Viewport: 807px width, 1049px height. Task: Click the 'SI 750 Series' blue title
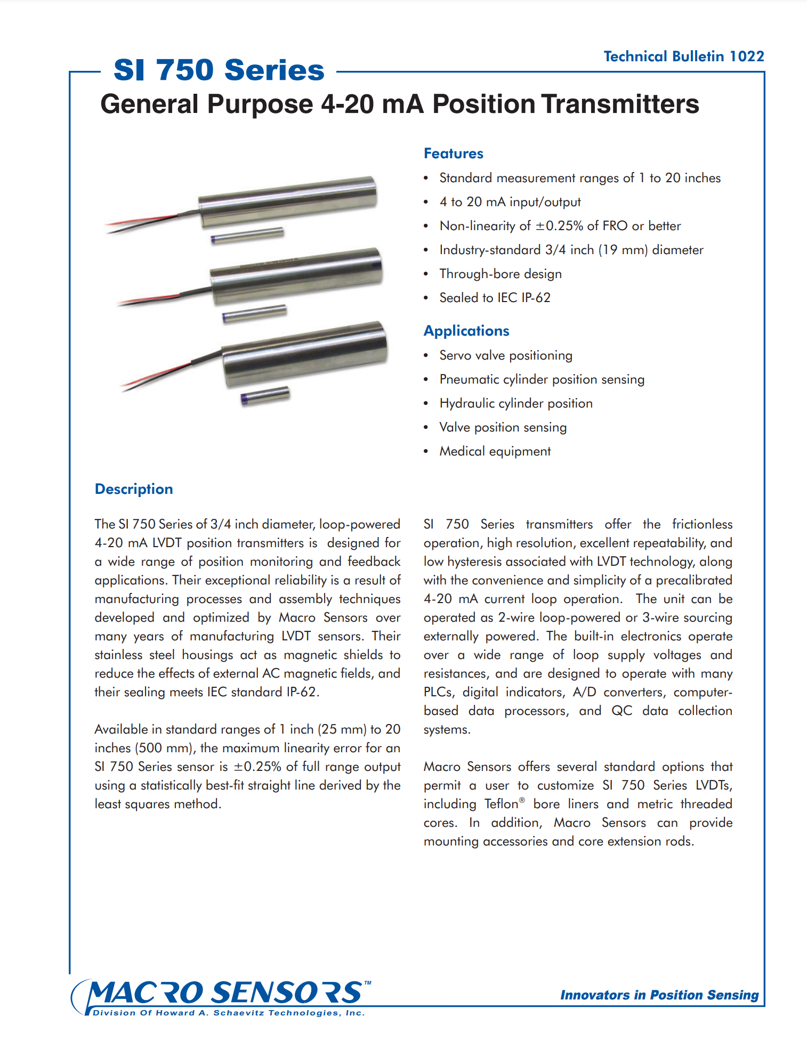[x=219, y=70]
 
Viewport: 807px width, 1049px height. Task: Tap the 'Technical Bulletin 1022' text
[x=683, y=56]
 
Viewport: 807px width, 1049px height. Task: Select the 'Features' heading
[x=453, y=153]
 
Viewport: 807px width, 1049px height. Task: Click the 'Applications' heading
[x=466, y=331]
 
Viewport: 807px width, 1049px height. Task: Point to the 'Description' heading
[x=134, y=489]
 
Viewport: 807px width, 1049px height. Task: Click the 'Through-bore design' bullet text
[x=501, y=274]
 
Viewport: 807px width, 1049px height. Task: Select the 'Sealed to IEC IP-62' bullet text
[x=495, y=298]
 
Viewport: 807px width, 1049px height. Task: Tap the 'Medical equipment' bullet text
[x=495, y=451]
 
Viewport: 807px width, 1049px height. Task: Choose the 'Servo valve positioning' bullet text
[x=506, y=355]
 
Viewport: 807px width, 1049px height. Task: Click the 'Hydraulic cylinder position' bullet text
[x=515, y=403]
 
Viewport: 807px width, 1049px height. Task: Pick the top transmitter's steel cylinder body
[x=288, y=201]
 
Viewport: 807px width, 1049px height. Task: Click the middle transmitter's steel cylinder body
[x=296, y=277]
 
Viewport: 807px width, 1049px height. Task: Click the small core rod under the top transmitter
[x=247, y=235]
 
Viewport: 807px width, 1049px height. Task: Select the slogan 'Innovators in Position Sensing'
[x=659, y=995]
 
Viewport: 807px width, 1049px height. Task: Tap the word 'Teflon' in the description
[x=502, y=804]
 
